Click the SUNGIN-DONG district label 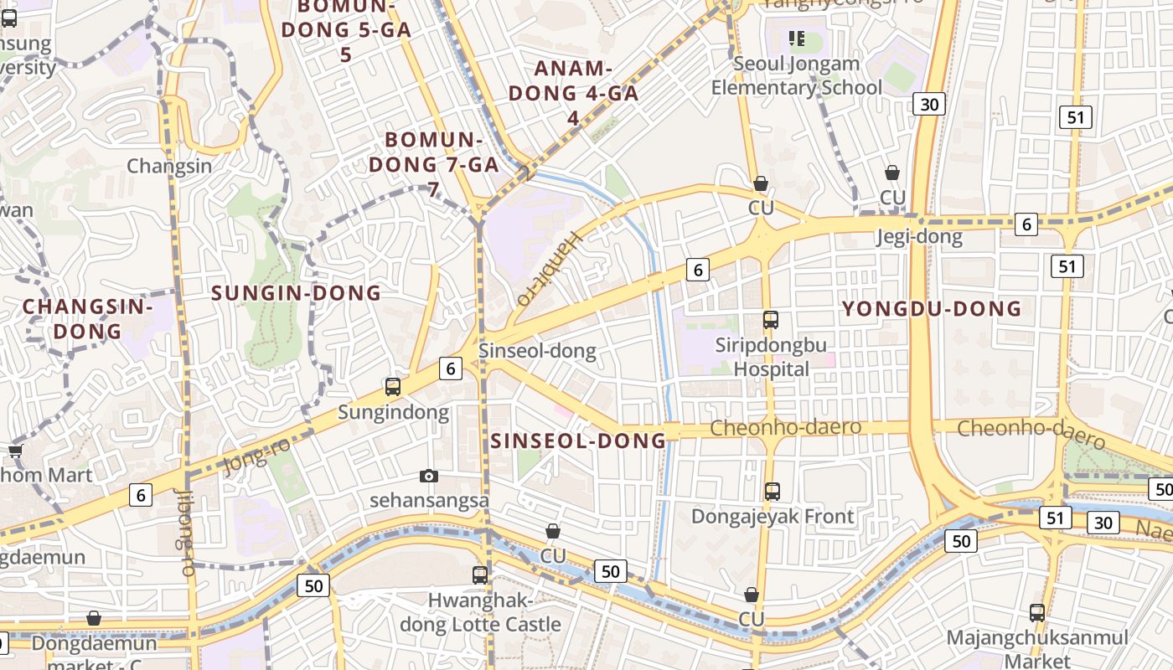pos(296,293)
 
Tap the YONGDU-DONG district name pos(932,309)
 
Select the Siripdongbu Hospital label pos(771,357)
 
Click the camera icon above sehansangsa pos(429,477)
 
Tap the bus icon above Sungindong pos(393,387)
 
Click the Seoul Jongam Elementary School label pos(796,75)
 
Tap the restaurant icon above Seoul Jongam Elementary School pos(797,38)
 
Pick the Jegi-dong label pos(919,237)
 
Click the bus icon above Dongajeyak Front pos(773,492)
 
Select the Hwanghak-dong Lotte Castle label pos(480,612)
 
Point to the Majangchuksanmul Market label pos(1037,649)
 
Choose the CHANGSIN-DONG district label pos(87,318)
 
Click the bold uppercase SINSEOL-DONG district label pos(578,441)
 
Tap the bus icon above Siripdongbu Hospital pos(771,320)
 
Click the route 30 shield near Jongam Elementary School pos(929,104)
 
